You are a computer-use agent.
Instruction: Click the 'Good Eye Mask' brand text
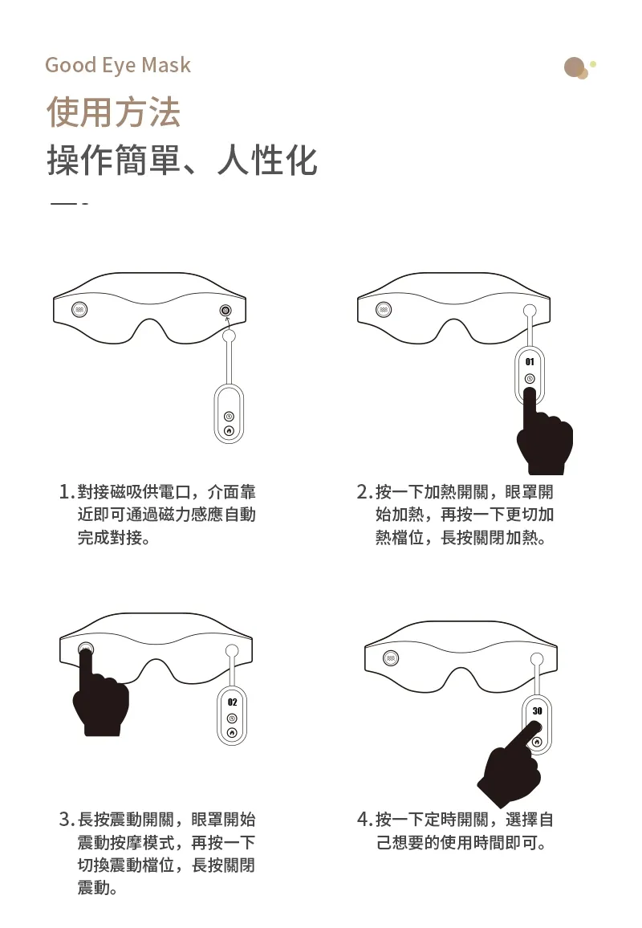[118, 65]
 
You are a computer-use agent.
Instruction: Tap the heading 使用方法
[113, 112]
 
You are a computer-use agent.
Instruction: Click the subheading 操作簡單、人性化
[182, 160]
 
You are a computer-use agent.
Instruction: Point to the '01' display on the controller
[530, 361]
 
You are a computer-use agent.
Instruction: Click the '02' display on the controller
[232, 702]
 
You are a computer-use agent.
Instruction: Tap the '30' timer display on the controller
[537, 710]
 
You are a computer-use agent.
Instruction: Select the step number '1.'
[67, 492]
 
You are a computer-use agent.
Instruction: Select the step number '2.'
[364, 492]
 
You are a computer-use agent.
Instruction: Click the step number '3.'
[67, 820]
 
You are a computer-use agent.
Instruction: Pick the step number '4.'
[364, 820]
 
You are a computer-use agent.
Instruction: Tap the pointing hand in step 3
[99, 695]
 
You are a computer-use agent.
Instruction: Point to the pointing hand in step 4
[510, 767]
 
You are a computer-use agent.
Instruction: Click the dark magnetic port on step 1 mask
[225, 310]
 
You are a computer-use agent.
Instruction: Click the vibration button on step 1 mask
[80, 309]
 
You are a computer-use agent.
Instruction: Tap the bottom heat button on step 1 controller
[229, 430]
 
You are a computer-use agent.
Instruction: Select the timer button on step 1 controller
[229, 417]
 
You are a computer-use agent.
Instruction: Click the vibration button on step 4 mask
[391, 657]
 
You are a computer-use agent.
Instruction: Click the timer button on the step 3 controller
[232, 718]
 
